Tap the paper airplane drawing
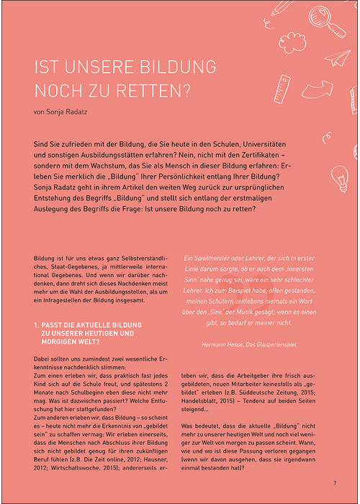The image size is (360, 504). pos(336,58)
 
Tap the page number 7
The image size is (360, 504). pos(335,482)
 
